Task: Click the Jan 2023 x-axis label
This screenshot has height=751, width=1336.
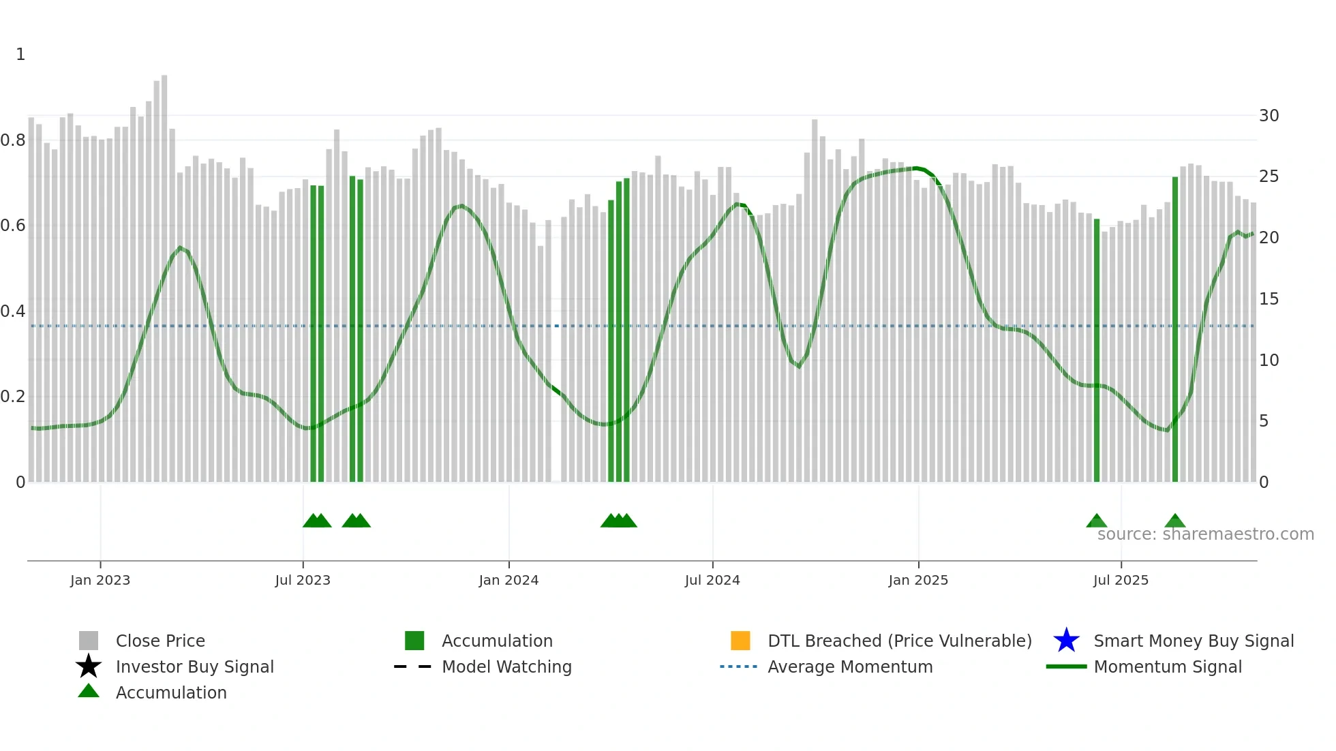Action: pos(100,580)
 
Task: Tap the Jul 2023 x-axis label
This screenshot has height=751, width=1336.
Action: pos(303,580)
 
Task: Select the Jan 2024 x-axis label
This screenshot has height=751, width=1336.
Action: pos(508,580)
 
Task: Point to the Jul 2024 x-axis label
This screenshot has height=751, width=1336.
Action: pos(712,580)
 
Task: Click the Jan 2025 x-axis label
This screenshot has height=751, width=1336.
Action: pos(918,580)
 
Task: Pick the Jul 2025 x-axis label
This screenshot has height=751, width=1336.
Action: pos(1121,580)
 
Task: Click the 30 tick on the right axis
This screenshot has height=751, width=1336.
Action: pos(1269,116)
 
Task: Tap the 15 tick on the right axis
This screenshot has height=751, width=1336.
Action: pos(1269,299)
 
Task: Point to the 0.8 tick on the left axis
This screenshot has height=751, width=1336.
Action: pos(13,140)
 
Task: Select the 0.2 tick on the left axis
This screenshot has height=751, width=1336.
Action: pos(13,397)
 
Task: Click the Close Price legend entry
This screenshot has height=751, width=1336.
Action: pos(160,641)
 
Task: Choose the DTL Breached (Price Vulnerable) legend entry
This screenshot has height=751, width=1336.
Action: pos(899,641)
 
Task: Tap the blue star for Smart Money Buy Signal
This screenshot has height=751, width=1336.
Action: pos(1066,641)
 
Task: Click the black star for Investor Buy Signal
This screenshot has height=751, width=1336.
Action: pos(89,666)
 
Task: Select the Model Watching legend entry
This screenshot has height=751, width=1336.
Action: pos(506,666)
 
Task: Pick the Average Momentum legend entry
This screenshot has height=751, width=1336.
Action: pos(850,666)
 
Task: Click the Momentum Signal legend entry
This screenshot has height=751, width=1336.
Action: pos(1168,666)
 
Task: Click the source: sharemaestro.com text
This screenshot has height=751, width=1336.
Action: pos(1205,534)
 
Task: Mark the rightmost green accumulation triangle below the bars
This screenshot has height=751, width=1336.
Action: pos(1175,521)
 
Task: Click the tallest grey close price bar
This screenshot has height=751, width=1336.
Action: pos(164,273)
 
